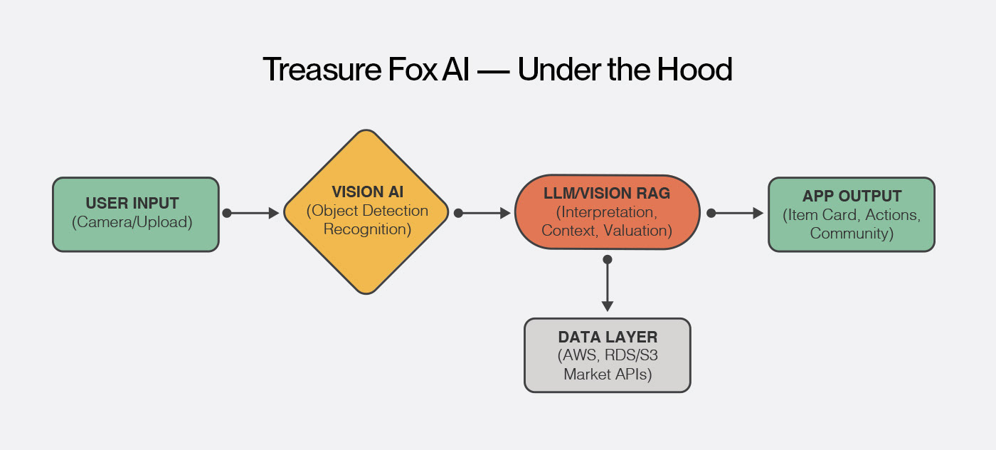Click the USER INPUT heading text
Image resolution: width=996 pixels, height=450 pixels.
(132, 204)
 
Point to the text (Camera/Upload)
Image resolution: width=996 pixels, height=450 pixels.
(132, 222)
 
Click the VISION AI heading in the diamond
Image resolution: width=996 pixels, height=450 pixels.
(366, 192)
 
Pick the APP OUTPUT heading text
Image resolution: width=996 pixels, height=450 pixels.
(852, 196)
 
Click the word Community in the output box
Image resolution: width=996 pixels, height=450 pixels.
(852, 233)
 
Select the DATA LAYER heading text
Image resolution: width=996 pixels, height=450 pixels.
(608, 337)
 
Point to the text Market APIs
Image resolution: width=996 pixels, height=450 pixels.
(608, 374)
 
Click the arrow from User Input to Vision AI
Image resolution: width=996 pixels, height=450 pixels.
(253, 213)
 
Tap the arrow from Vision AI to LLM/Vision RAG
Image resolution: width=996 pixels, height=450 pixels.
(484, 213)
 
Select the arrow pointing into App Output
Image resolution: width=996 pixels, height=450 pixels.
(736, 213)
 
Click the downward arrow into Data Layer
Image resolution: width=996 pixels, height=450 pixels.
(607, 285)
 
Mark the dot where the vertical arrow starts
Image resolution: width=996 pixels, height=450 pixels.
(607, 259)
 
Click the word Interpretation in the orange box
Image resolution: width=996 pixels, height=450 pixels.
(607, 212)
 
